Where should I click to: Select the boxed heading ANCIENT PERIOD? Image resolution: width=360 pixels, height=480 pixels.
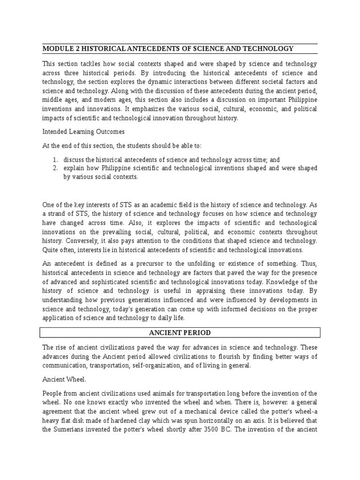(x=180, y=333)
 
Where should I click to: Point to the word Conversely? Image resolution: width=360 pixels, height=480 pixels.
(x=58, y=241)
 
